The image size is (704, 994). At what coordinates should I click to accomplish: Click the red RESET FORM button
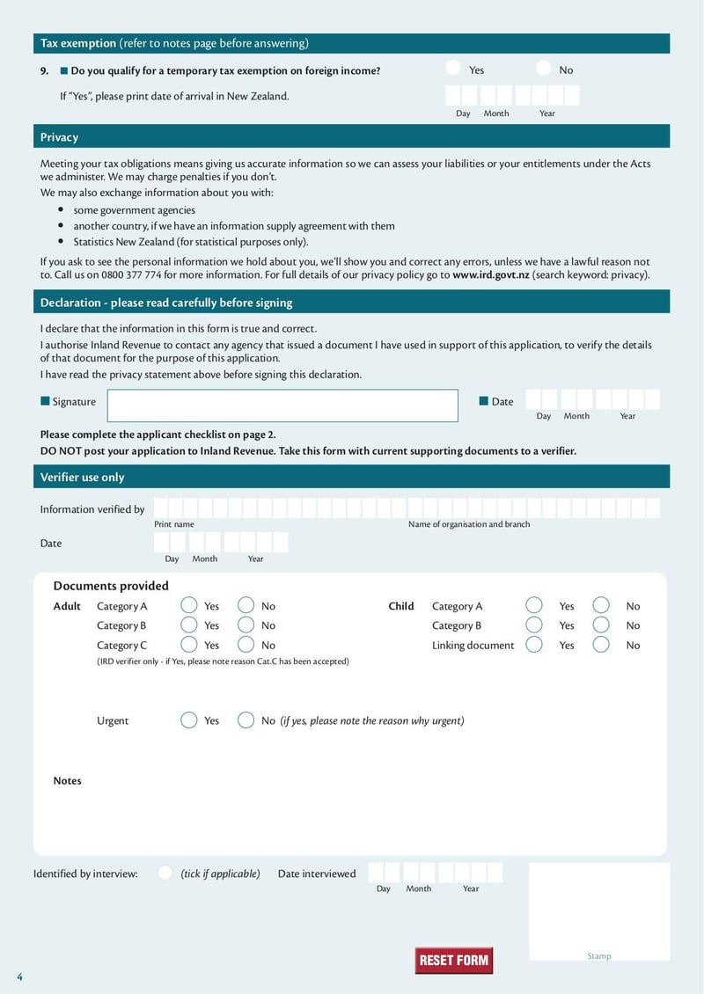tap(453, 960)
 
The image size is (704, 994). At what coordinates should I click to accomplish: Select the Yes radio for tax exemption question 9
tap(453, 69)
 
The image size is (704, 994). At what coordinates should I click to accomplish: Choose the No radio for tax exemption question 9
tap(544, 69)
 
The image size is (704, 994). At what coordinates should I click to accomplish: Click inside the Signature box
tap(282, 406)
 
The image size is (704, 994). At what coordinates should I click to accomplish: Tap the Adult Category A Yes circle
tap(188, 605)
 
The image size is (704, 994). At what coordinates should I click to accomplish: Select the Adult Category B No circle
tap(246, 625)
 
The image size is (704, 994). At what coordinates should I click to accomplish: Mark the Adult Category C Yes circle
tap(188, 645)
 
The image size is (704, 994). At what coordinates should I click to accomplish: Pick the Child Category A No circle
tap(601, 605)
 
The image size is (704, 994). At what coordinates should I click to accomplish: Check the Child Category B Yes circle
tap(534, 625)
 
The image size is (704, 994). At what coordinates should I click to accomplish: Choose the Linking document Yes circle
tap(534, 645)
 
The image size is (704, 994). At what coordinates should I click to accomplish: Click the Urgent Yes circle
tap(188, 720)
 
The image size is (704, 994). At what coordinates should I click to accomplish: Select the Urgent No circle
tap(246, 720)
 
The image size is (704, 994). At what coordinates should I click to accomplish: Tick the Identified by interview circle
tap(165, 873)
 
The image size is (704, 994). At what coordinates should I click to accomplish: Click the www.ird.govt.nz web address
tap(491, 274)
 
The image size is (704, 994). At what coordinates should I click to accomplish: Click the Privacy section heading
tap(59, 137)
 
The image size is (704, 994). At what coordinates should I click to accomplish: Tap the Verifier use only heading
tap(83, 477)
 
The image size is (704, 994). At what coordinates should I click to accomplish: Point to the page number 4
tap(19, 977)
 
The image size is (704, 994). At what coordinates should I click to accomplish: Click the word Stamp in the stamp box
tap(599, 956)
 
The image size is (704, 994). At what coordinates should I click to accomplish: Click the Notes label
tap(67, 780)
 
